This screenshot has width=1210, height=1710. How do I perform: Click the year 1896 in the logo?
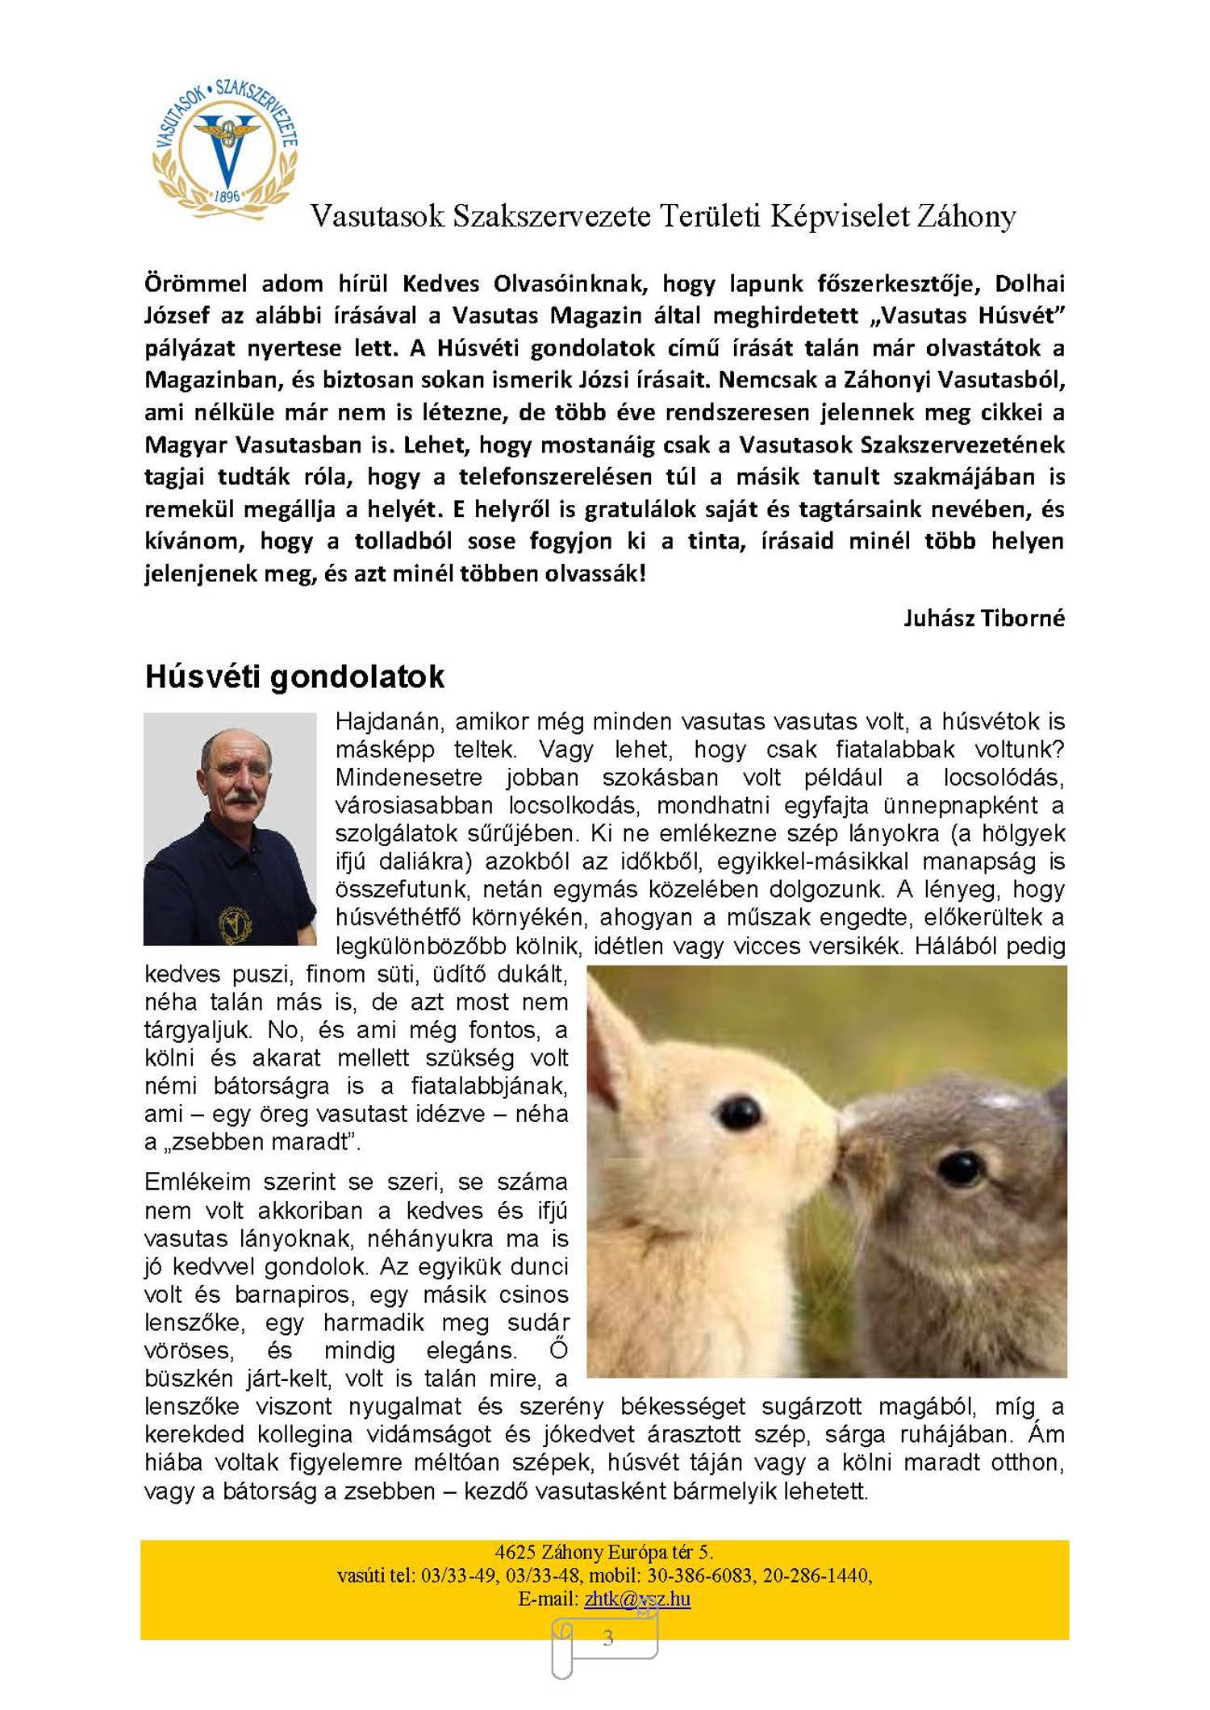pos(227,196)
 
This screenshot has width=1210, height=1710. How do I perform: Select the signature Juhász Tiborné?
pos(983,619)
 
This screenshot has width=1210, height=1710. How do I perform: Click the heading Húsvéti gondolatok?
pos(294,677)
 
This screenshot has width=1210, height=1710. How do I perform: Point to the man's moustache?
pos(239,798)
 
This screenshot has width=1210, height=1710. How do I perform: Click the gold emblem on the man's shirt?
pos(235,923)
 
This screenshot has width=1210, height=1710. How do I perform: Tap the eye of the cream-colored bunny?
pos(739,1112)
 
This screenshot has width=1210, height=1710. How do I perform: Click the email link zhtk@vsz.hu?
pos(637,1599)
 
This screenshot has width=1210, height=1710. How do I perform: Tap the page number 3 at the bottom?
pos(607,1637)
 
